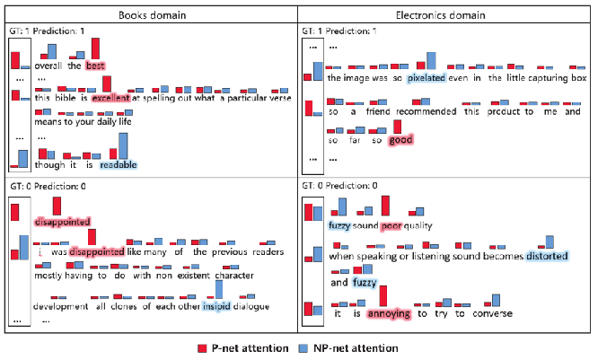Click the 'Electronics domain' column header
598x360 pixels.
point(444,15)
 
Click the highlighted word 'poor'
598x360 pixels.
point(391,225)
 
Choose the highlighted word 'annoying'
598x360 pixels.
point(389,313)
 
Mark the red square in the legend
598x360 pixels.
point(203,347)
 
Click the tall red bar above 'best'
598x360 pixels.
point(95,48)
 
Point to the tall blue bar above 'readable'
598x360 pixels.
point(123,145)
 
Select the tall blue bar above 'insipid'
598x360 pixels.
point(218,289)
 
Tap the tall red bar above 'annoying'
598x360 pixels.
point(384,295)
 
